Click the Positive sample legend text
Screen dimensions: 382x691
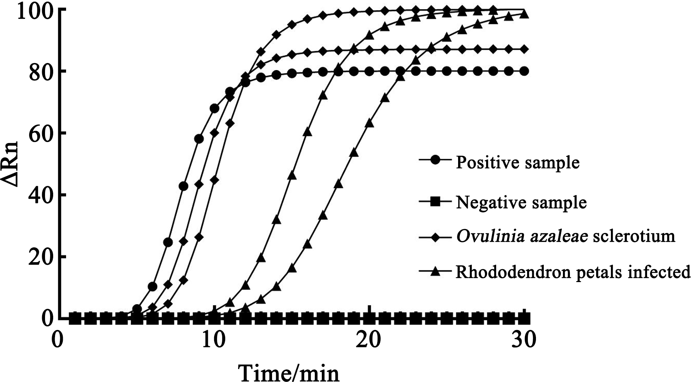pyautogui.click(x=518, y=162)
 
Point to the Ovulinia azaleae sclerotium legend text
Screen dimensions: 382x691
pyautogui.click(x=565, y=236)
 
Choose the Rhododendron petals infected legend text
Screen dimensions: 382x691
pyautogui.click(x=573, y=272)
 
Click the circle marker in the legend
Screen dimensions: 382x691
pyautogui.click(x=436, y=160)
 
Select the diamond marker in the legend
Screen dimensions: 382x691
pyautogui.click(x=436, y=237)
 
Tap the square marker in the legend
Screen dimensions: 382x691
pyautogui.click(x=436, y=201)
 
